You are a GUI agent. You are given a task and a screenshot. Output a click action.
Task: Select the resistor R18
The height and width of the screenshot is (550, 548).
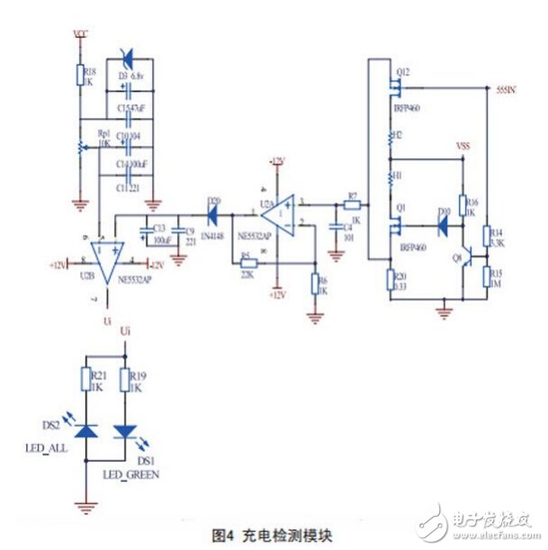(x=79, y=77)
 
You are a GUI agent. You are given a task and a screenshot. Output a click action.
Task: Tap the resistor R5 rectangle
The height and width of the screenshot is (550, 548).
(x=247, y=264)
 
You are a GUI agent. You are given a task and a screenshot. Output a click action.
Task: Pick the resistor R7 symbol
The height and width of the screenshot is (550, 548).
(x=353, y=205)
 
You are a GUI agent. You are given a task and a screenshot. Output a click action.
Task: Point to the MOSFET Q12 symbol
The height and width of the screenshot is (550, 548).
(x=393, y=87)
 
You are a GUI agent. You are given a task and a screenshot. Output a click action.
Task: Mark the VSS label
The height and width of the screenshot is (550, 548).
(x=463, y=145)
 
